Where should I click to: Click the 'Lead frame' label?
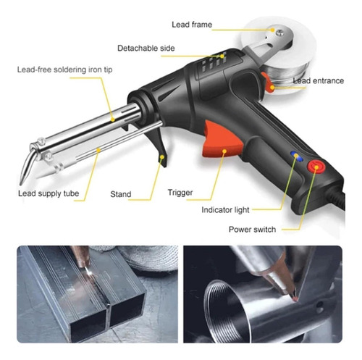click(x=192, y=25)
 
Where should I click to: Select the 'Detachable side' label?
click(x=146, y=48)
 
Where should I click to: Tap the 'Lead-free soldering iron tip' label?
click(x=64, y=70)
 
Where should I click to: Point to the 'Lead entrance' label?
click(x=319, y=80)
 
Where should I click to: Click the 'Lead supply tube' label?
click(x=49, y=193)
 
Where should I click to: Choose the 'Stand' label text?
click(x=121, y=194)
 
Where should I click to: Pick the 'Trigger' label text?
click(x=180, y=193)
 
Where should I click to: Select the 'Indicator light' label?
click(x=225, y=210)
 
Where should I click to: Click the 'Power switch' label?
click(x=252, y=229)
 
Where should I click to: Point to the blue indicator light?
click(x=297, y=156)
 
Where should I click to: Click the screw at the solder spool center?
click(x=280, y=33)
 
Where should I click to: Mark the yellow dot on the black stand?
click(x=162, y=157)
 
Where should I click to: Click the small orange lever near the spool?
click(x=269, y=83)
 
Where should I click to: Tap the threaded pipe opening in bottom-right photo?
click(x=219, y=311)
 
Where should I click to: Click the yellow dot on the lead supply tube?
click(x=98, y=150)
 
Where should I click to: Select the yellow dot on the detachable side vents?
click(x=222, y=56)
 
